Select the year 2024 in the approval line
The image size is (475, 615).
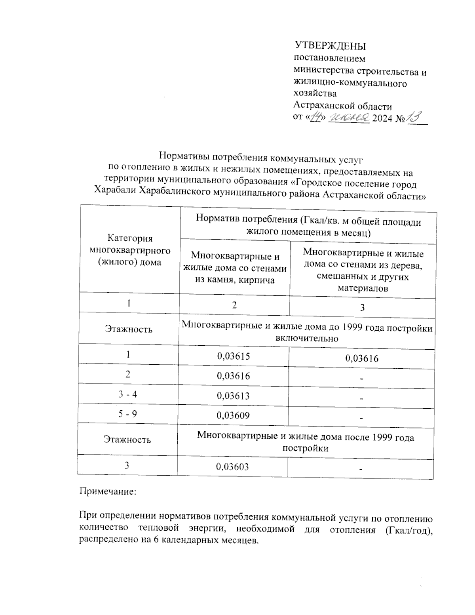[x=383, y=118]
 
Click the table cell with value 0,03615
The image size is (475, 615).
[x=234, y=356]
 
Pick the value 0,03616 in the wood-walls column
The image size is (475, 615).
[x=362, y=359]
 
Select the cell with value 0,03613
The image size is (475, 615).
[x=234, y=396]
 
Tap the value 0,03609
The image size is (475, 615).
[x=234, y=415]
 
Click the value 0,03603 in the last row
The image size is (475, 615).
[x=232, y=467]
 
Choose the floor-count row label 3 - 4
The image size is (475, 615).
[x=127, y=394]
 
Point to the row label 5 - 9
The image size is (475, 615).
[x=127, y=414]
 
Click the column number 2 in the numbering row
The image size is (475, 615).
[x=234, y=305]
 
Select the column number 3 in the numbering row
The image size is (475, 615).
[x=362, y=308]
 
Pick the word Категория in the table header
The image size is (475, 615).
[x=130, y=238]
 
